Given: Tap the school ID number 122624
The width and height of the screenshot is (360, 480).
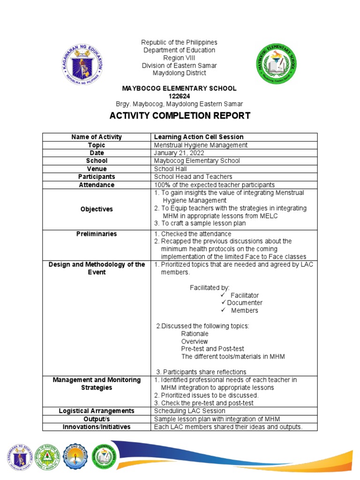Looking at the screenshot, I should [179, 96].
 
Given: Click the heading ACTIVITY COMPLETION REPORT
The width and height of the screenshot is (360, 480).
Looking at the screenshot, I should [180, 116].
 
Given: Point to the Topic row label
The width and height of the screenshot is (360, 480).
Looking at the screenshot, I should [97, 145].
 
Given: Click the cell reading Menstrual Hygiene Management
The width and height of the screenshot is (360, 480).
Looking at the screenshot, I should [200, 145].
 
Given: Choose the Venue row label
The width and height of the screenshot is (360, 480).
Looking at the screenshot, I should [97, 169].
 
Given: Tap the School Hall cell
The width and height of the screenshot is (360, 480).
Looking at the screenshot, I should [170, 169].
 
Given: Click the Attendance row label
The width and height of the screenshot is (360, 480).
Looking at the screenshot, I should [97, 185].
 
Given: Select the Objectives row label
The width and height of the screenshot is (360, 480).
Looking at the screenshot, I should [97, 209].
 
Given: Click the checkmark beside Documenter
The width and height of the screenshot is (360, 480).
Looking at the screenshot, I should [224, 303].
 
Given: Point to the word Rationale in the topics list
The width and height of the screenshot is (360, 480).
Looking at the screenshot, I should [195, 334].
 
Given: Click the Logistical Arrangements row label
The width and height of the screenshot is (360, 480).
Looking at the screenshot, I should [97, 411].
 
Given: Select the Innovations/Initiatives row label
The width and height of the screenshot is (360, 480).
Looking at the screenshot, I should [97, 427].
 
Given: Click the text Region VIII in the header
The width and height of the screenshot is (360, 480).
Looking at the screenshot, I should [180, 58].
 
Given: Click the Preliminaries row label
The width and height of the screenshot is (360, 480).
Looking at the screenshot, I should [97, 234].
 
